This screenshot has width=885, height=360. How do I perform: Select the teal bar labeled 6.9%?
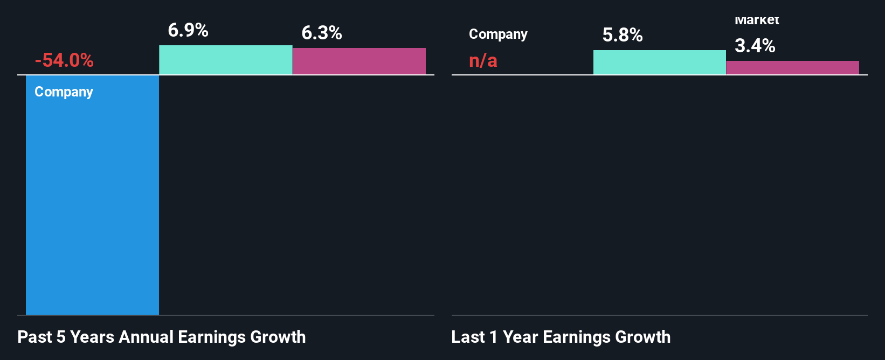[x=225, y=60]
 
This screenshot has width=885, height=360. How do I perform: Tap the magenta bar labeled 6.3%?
[x=359, y=61]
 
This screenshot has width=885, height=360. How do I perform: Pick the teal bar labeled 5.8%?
[x=659, y=63]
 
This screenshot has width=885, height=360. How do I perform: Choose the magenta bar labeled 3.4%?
[x=792, y=68]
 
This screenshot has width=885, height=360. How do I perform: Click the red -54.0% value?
[x=64, y=60]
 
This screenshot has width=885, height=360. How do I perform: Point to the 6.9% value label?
[x=188, y=30]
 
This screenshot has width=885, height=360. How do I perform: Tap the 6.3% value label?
[x=322, y=33]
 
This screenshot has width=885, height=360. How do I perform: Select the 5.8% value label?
[x=623, y=36]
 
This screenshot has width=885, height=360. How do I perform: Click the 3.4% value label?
[x=755, y=46]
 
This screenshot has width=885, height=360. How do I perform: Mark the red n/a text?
[x=483, y=60]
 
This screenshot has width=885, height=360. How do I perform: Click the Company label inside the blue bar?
[x=64, y=92]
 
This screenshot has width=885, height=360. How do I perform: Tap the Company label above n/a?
[x=498, y=34]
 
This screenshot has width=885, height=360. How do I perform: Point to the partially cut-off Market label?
[x=757, y=21]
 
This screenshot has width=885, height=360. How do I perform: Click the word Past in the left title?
[x=35, y=337]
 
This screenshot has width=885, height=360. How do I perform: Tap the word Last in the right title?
[x=468, y=337]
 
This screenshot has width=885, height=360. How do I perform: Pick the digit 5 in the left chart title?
[x=61, y=337]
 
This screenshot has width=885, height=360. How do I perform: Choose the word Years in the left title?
[x=92, y=337]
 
